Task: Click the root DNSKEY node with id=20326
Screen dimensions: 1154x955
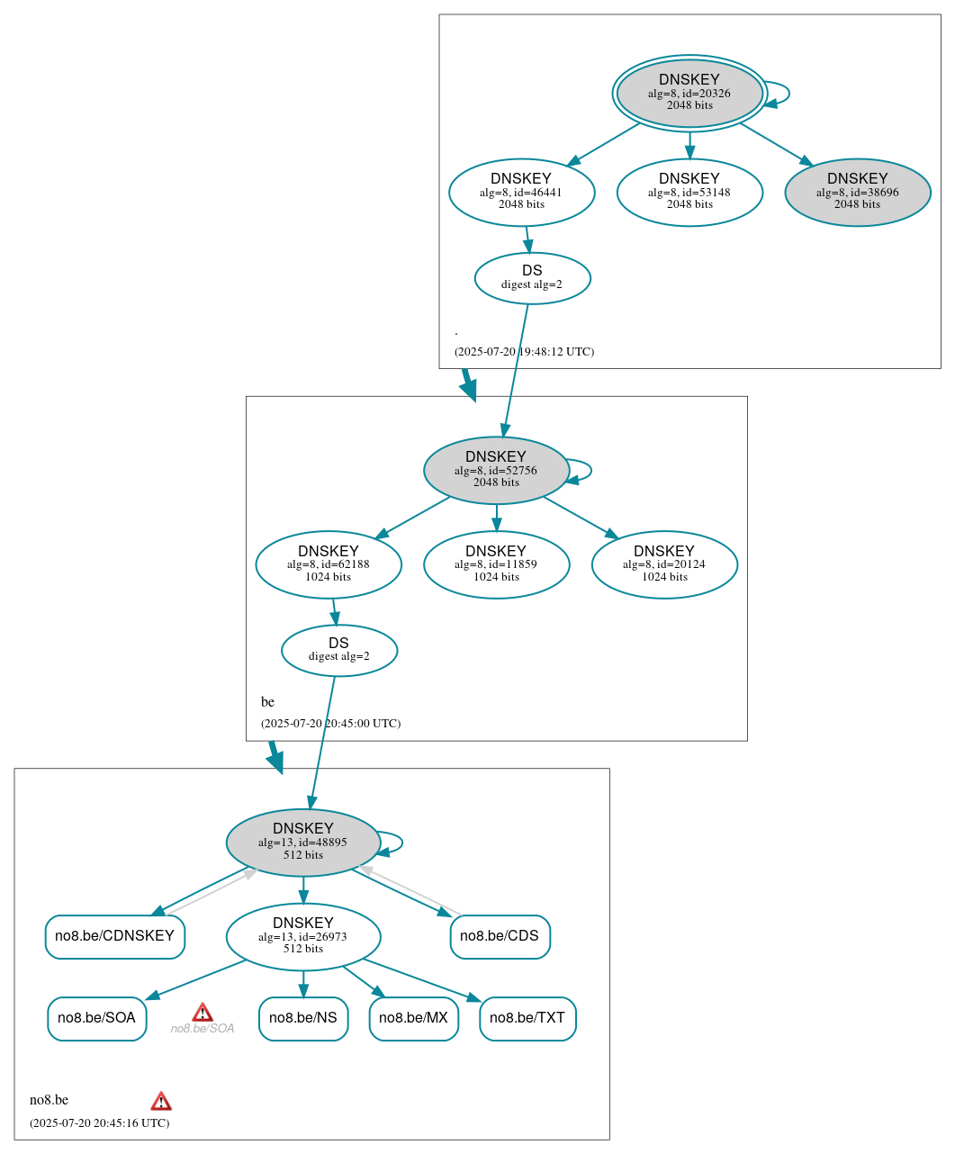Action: (x=689, y=93)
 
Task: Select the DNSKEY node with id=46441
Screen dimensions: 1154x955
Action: (x=521, y=192)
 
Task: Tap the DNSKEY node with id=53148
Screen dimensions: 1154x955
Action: (x=689, y=192)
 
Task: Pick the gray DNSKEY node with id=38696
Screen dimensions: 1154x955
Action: (x=857, y=192)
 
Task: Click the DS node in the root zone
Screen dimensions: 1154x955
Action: (x=532, y=278)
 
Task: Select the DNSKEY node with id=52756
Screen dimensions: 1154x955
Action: (x=496, y=470)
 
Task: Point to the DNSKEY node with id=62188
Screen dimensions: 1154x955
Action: (x=329, y=564)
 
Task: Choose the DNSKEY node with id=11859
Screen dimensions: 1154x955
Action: (x=496, y=564)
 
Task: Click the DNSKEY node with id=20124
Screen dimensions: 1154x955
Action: (x=664, y=564)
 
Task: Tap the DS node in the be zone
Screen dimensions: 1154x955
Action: (x=338, y=650)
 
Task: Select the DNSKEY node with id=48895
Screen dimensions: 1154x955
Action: (x=303, y=843)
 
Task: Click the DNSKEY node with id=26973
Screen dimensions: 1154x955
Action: (x=303, y=936)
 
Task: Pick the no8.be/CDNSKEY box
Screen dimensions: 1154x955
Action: (x=114, y=936)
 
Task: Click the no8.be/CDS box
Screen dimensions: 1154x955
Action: (x=500, y=936)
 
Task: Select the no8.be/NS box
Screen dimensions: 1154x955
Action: (x=303, y=1018)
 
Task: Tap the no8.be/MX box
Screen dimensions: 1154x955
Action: (x=413, y=1018)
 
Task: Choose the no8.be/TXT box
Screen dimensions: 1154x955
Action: (x=527, y=1018)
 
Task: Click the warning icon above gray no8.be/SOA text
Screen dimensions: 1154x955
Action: (x=203, y=1012)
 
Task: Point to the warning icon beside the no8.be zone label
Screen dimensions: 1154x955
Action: (x=161, y=1101)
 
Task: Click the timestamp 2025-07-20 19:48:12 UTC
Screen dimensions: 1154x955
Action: (x=524, y=352)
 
